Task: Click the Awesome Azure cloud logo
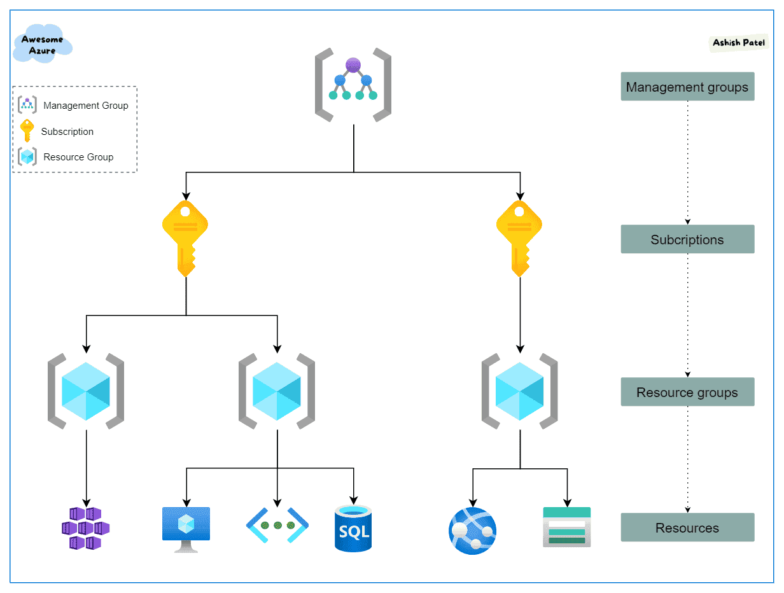(43, 44)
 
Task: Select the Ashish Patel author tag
(739, 43)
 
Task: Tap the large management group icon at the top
(353, 84)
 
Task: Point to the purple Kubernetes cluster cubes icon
(86, 528)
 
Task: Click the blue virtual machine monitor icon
(186, 529)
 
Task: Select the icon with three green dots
(277, 526)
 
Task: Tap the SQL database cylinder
(353, 528)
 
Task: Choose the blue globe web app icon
(472, 531)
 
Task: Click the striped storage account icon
(566, 527)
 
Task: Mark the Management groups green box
(687, 87)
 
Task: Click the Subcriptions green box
(687, 239)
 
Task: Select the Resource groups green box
(687, 392)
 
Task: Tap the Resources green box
(687, 527)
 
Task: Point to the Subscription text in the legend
(67, 132)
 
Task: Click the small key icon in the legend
(27, 130)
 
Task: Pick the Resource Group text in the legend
(78, 157)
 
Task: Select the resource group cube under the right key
(519, 391)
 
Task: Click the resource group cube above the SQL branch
(277, 391)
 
